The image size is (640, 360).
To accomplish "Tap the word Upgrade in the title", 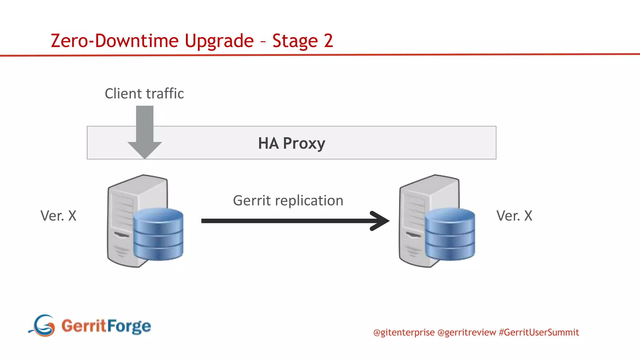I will [219, 41].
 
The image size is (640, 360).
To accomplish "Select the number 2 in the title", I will [328, 41].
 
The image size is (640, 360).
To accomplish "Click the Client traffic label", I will [144, 93].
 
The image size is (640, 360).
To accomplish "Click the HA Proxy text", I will [291, 143].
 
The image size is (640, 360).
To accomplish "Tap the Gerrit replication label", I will [288, 201].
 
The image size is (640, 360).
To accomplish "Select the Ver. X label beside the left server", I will [58, 216].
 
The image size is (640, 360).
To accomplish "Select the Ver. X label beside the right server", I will [514, 216].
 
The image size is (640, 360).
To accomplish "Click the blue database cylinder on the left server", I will [158, 234].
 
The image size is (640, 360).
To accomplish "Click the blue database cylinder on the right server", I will [450, 234].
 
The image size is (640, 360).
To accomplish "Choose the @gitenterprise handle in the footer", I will [404, 332].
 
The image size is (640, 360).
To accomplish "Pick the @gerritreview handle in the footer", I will [467, 332].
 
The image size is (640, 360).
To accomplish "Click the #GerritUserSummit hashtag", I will [539, 332].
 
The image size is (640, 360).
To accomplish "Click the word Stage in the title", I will [295, 41].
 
